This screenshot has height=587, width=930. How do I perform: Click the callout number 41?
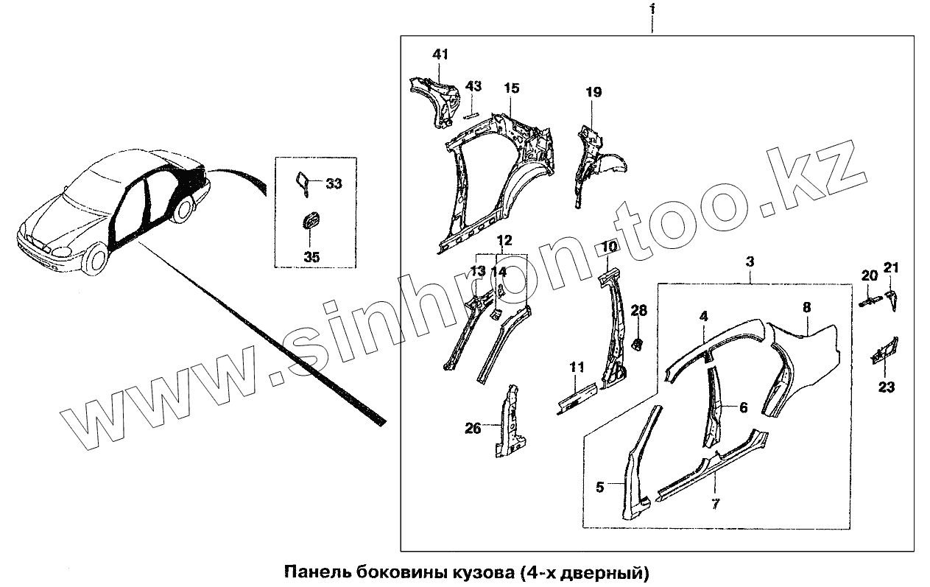440,55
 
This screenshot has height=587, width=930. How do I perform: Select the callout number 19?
593,92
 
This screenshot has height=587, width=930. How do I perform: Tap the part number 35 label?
311,257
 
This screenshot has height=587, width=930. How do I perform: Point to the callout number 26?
473,427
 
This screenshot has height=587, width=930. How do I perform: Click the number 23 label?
887,387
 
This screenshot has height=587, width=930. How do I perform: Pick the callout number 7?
716,504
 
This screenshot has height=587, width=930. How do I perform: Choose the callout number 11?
577,366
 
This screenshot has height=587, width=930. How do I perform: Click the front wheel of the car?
95,261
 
